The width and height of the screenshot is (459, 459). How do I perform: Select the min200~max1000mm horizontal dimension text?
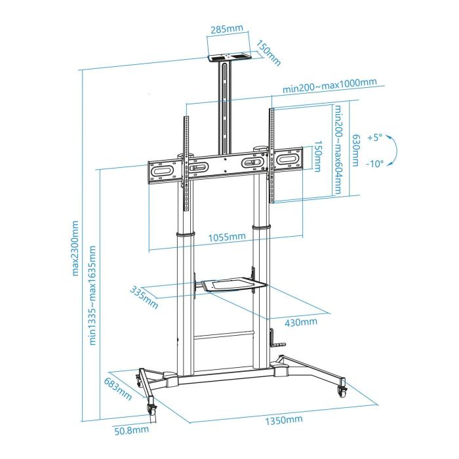point(330,83)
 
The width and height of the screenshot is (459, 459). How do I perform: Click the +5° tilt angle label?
point(374,138)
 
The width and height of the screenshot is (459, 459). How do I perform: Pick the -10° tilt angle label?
point(374,164)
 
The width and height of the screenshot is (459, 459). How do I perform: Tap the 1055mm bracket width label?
point(229,237)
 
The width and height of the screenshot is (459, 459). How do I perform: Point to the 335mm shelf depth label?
point(144,298)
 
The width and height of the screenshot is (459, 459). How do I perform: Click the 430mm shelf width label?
point(301,322)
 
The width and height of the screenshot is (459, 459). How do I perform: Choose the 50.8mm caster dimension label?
point(132,431)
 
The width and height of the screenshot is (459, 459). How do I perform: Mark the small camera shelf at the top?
point(228,58)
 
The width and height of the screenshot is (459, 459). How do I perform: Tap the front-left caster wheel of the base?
point(153,408)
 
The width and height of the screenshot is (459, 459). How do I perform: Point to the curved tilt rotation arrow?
point(391,151)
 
